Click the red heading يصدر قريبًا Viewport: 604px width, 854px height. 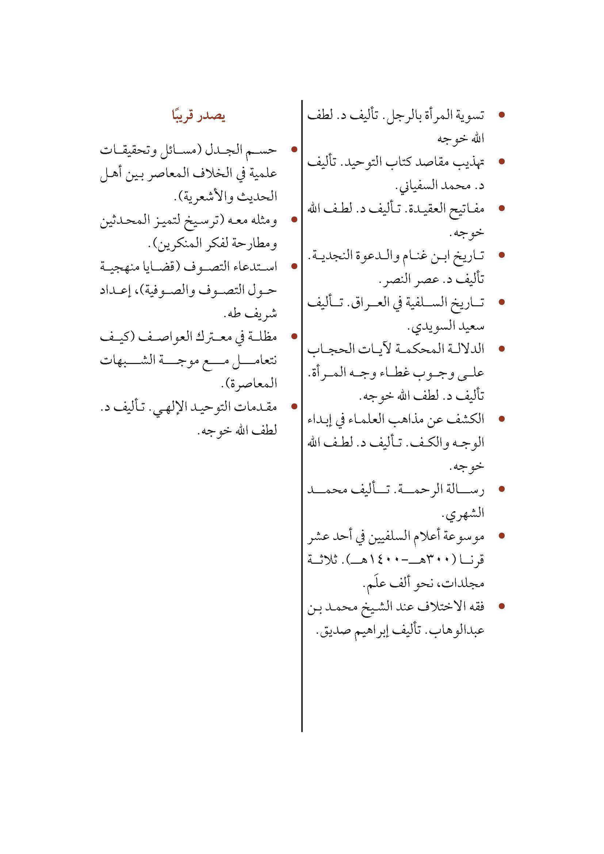(198, 116)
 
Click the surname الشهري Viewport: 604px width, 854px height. (463, 514)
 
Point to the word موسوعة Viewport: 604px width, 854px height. (466, 537)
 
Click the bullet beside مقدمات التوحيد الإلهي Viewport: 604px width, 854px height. (295, 406)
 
